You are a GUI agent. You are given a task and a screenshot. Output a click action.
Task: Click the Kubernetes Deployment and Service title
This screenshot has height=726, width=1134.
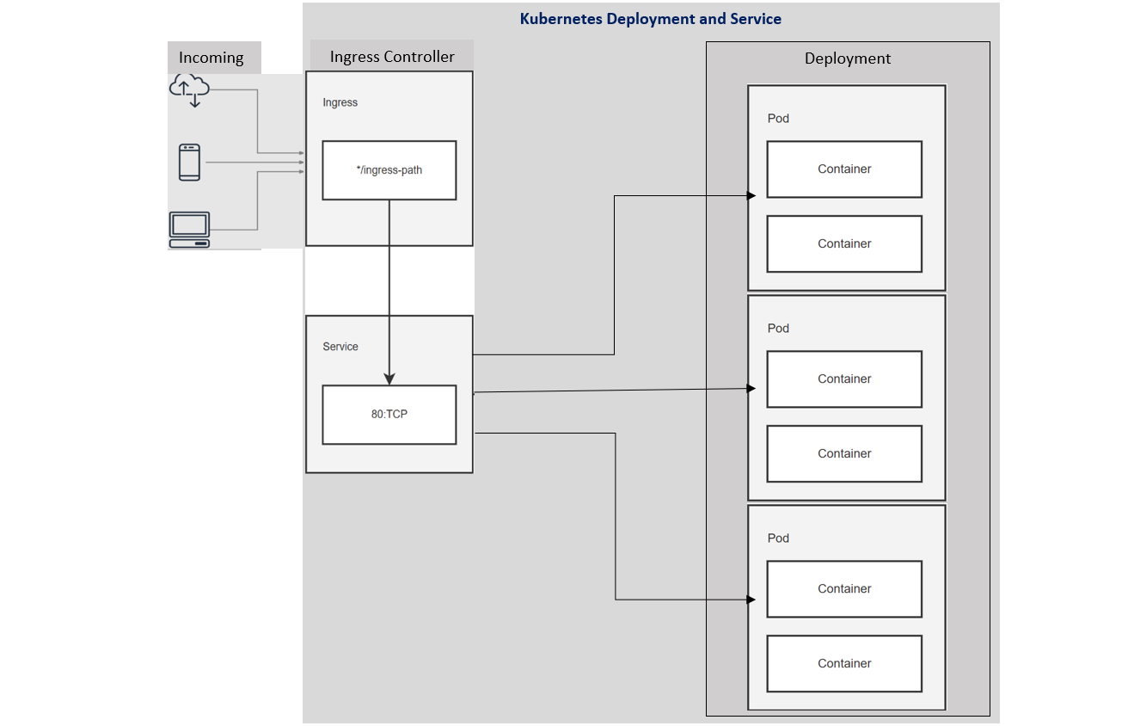coord(650,19)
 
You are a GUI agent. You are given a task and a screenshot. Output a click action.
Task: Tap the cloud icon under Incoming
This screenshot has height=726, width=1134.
coord(190,89)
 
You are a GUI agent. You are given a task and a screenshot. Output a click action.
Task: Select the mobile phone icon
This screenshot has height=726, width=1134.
coord(190,162)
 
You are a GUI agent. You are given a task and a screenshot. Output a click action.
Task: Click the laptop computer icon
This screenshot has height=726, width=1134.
coord(189,230)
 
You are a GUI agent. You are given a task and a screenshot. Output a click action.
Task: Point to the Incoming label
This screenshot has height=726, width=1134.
coord(211,58)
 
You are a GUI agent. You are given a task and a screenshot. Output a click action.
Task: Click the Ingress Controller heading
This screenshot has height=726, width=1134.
coord(392,57)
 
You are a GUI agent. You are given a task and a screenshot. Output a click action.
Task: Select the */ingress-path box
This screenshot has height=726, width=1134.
coord(389,170)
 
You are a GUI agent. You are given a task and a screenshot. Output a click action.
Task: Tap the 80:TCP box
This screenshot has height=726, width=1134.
coord(389,415)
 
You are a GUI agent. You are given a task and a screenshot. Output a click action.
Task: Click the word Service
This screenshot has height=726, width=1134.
coord(340,347)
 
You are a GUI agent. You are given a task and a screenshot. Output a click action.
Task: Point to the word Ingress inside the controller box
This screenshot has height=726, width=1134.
coord(340,102)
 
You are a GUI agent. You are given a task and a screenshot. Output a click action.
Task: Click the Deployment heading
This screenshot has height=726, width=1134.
coord(847,58)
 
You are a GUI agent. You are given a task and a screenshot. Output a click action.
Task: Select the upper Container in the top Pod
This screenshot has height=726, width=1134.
coord(843,169)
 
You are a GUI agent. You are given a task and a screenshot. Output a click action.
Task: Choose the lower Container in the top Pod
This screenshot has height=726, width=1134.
coord(843,244)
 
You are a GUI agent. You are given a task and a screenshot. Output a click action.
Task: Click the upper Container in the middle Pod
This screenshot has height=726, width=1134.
coord(843,379)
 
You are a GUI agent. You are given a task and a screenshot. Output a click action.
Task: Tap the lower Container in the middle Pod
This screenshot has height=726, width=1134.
coord(843,454)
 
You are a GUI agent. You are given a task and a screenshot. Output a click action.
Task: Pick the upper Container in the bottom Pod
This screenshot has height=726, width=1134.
coord(843,589)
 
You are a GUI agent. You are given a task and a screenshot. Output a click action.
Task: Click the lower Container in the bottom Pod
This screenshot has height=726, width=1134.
coord(843,664)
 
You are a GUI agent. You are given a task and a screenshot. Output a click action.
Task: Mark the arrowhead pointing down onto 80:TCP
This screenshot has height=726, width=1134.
coord(389,378)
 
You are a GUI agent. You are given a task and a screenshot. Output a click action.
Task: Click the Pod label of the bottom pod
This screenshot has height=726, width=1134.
coord(778,538)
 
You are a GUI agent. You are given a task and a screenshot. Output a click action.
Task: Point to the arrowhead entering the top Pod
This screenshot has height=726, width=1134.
coord(751,196)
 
